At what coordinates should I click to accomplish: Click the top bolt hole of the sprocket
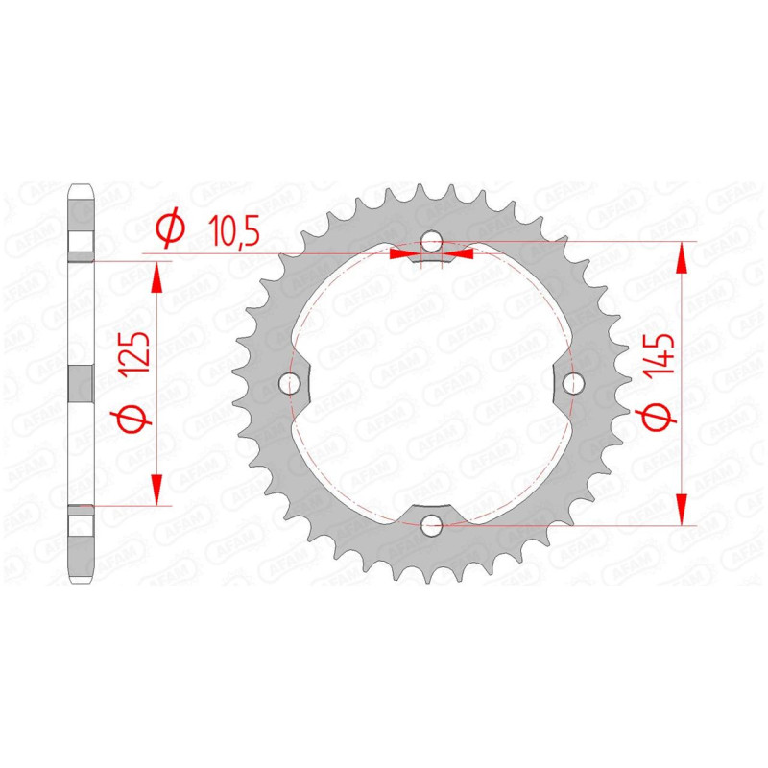click(431, 242)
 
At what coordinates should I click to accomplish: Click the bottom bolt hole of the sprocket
click(431, 525)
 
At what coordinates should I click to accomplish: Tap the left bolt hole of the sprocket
click(290, 383)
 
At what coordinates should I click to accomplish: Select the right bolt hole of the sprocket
click(573, 383)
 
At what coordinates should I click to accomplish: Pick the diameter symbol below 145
click(657, 419)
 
